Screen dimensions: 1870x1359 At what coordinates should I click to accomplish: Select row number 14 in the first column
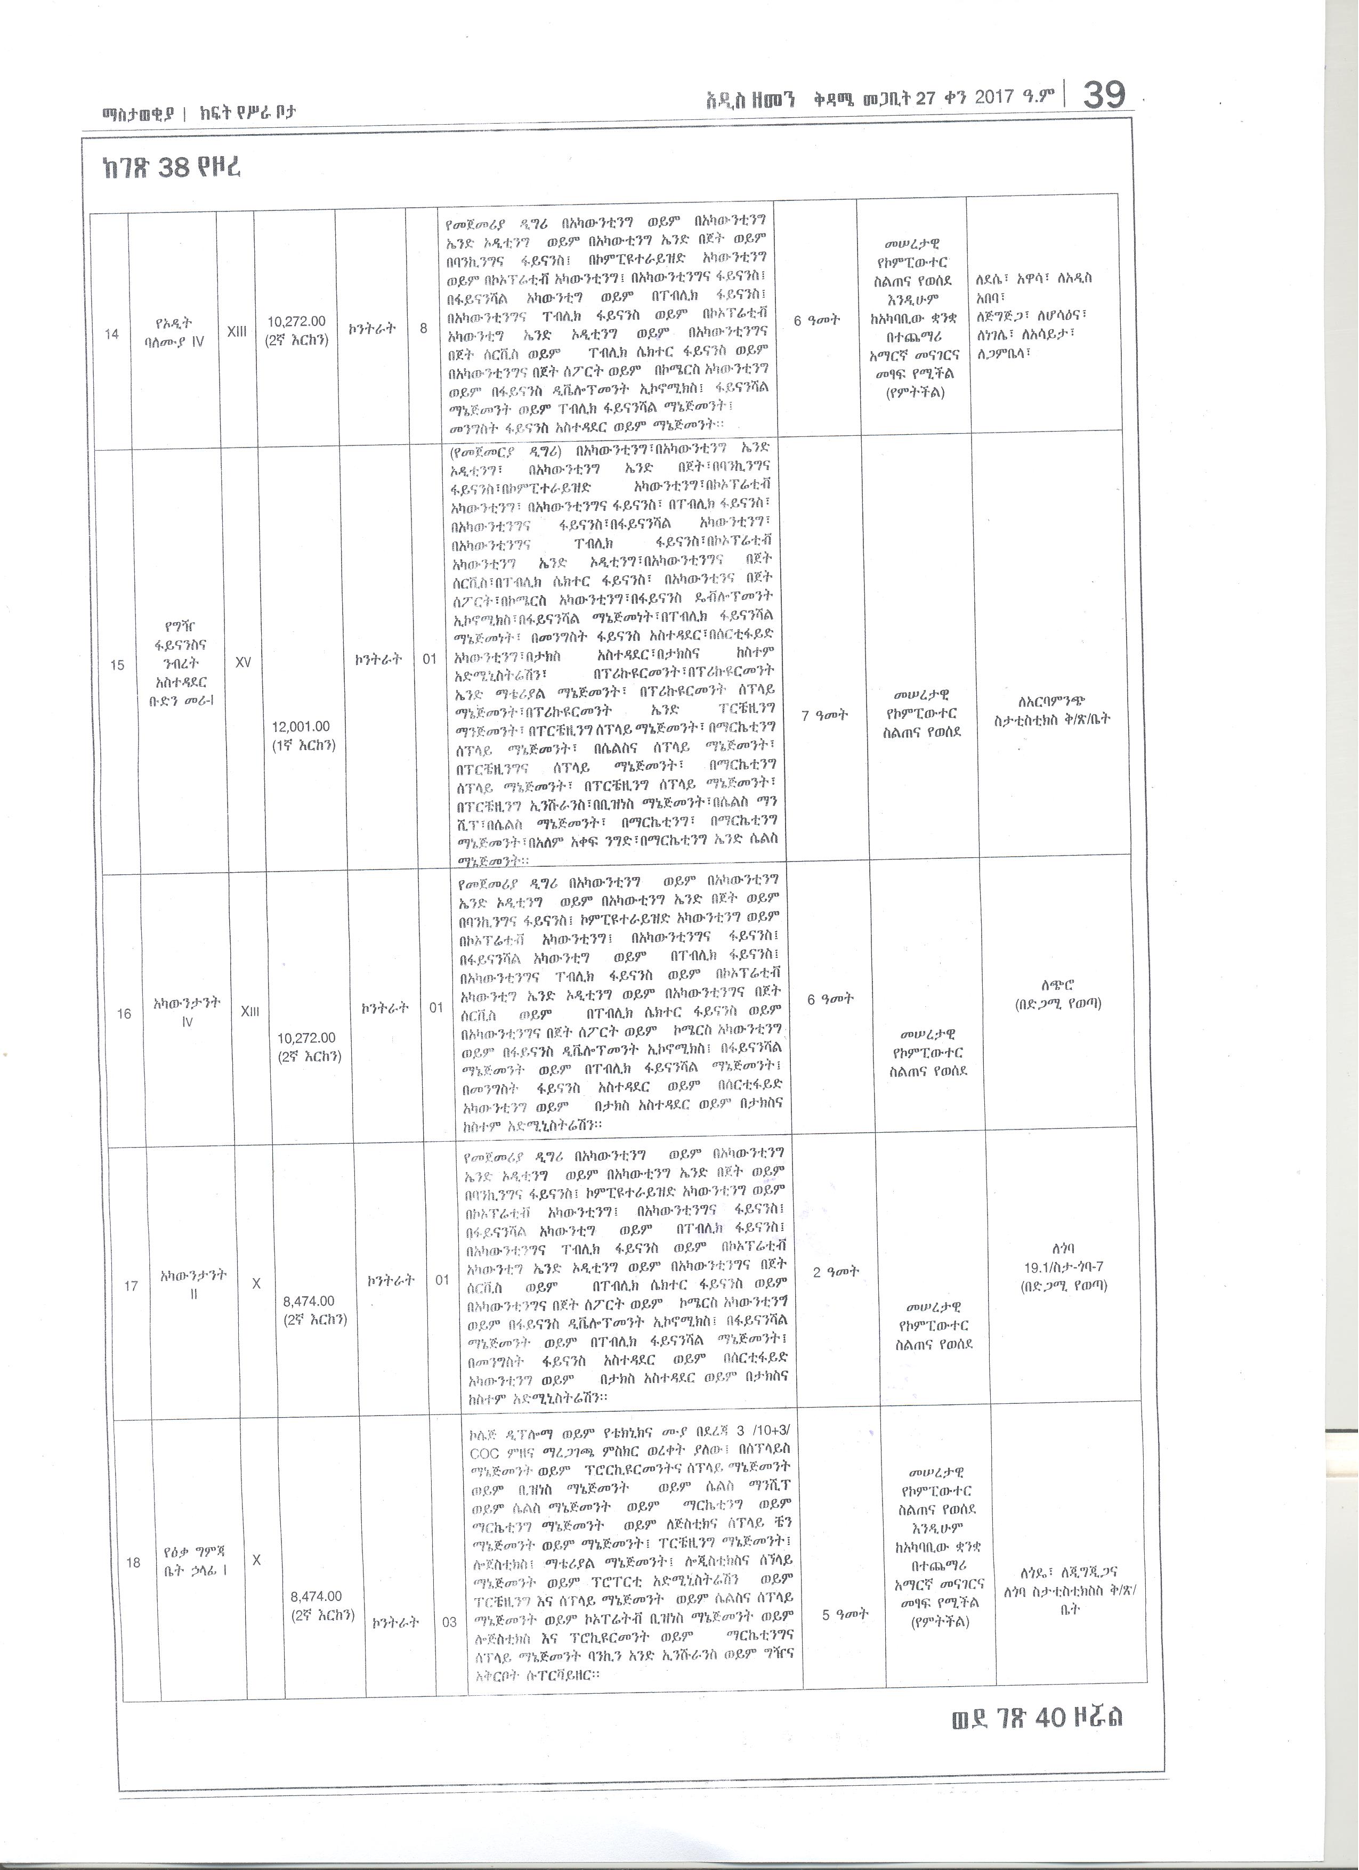(x=111, y=334)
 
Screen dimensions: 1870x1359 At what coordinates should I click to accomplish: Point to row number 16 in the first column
(x=124, y=1013)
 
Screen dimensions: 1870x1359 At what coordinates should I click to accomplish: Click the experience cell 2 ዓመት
(x=835, y=1271)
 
